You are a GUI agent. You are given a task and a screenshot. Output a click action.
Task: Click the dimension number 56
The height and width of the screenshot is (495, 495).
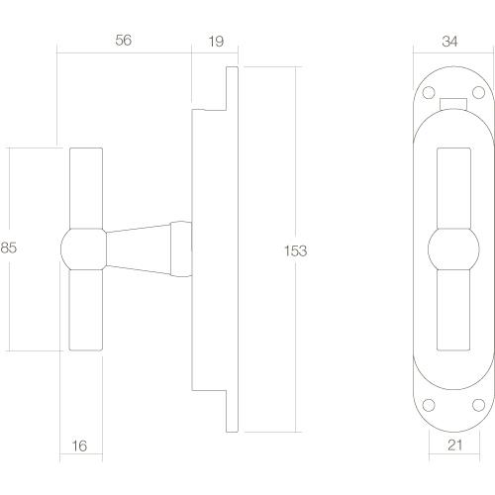point(124,41)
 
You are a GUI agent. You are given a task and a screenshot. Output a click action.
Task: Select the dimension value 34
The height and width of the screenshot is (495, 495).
point(449,41)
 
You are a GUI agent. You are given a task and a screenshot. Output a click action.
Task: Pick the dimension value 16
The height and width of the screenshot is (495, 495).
point(80,446)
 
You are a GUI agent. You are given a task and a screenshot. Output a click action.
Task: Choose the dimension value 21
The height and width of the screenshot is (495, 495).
point(452,446)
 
